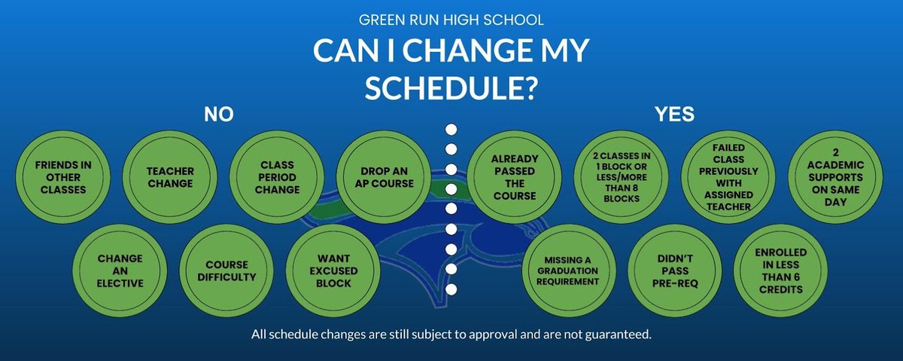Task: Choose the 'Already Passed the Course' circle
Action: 515,176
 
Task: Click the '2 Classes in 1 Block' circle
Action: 622,176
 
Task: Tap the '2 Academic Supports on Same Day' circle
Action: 835,176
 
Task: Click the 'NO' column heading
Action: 219,114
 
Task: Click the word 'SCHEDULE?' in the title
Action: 451,88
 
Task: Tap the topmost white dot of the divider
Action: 451,129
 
